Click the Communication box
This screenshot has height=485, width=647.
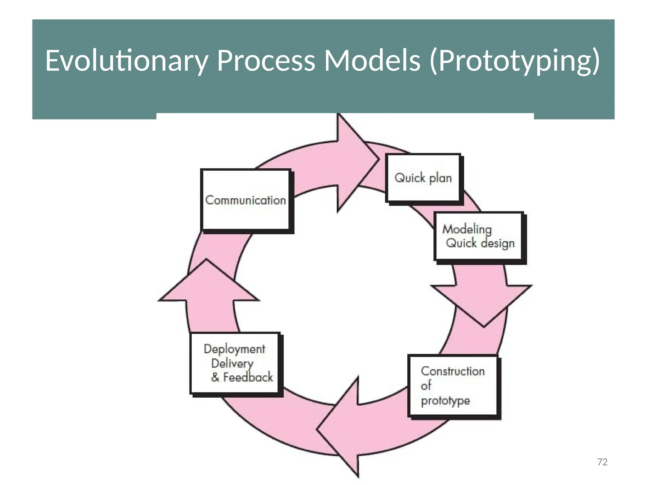point(245,200)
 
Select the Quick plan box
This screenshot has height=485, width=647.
point(423,178)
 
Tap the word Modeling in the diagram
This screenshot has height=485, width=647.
point(467,229)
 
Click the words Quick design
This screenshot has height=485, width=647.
point(480,243)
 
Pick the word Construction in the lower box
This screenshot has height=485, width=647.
point(452,371)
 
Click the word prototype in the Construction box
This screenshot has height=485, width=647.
point(445,400)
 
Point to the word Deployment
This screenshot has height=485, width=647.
point(234,349)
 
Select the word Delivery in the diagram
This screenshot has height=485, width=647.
point(232,363)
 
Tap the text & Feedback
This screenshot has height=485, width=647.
point(242,377)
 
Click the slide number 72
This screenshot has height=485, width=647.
point(602,462)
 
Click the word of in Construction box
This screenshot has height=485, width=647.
point(426,386)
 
